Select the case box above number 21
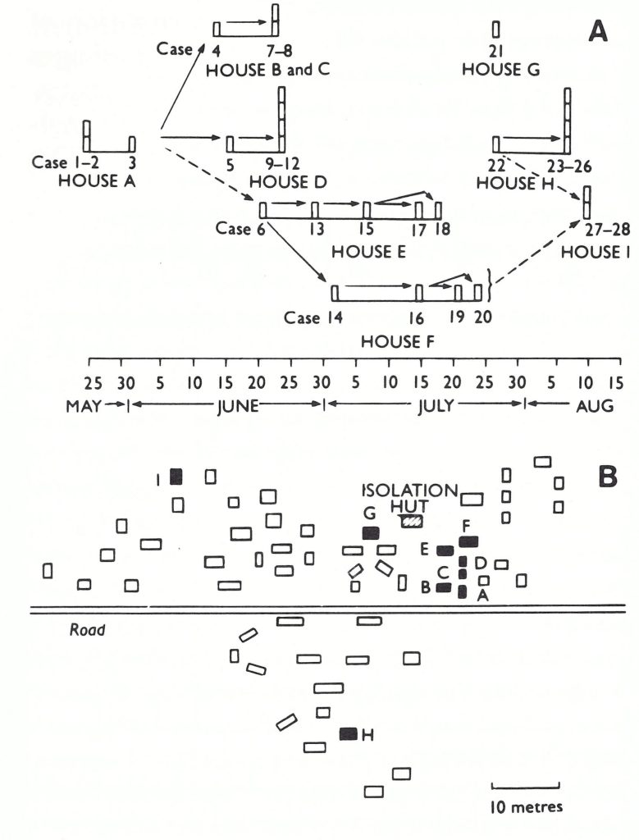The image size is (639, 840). pos(495,29)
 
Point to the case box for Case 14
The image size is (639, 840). pos(335,293)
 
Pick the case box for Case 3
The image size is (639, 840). pos(132,144)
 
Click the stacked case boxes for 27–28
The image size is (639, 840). pos(587,202)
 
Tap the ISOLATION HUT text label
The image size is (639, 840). pos(409,497)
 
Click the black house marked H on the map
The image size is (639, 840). pos(349,734)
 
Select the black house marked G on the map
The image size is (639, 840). pos(371,532)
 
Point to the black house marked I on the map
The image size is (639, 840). pos(176,477)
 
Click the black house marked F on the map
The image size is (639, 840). pos(468,541)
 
